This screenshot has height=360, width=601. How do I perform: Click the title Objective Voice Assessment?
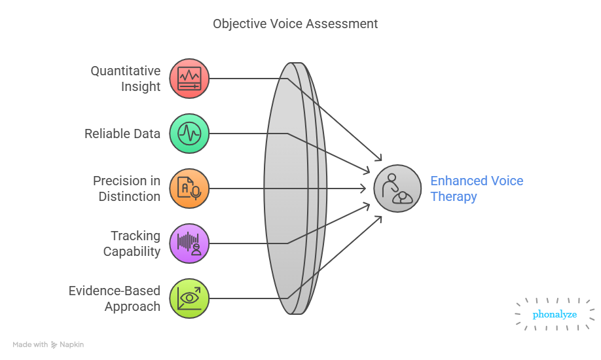point(295,24)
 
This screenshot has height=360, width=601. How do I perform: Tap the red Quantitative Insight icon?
point(189,79)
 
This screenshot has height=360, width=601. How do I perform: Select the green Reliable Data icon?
point(189,134)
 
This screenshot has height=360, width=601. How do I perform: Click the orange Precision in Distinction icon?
point(189,189)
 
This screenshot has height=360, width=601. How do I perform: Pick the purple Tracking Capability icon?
point(189,243)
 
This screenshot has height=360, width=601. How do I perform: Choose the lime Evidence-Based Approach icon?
point(189,298)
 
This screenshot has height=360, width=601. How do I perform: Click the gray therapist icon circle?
point(397,189)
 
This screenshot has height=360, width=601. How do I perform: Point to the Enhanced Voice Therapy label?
point(476,189)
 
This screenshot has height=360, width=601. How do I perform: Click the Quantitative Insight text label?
point(125,79)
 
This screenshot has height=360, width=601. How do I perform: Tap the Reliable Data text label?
point(122,134)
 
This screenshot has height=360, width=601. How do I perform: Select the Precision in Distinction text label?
point(126,189)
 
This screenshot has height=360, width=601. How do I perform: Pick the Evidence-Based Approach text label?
point(115,298)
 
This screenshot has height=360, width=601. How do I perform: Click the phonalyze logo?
point(555,315)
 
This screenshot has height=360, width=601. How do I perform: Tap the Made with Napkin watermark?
point(48,344)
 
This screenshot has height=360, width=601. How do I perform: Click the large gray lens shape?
point(295,189)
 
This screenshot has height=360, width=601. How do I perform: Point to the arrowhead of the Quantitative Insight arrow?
point(379,158)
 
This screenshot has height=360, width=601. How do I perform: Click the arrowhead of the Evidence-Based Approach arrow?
point(379,219)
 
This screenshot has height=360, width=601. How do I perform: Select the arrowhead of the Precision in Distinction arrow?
point(364,189)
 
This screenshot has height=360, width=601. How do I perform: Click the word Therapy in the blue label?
point(453,196)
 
